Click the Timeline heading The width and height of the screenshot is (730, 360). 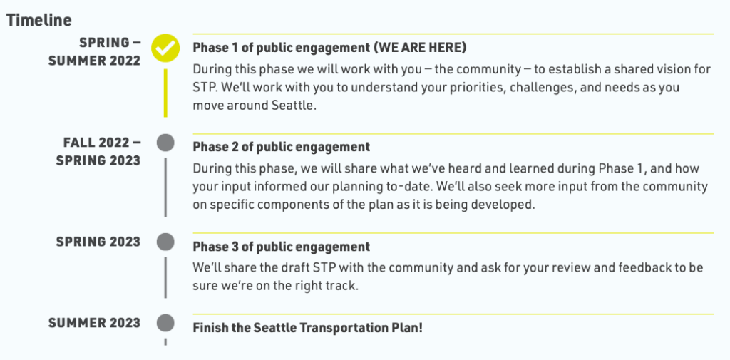pos(39,20)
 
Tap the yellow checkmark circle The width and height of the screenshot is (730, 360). pos(165,48)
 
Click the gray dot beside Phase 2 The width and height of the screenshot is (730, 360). pos(165,143)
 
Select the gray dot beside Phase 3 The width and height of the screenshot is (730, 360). pos(165,242)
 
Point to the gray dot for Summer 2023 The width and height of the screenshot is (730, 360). pos(165,323)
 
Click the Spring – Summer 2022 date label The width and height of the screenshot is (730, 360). pos(95,52)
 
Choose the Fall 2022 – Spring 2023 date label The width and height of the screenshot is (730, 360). pos(98,151)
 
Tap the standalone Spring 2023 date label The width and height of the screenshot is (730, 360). pos(98,242)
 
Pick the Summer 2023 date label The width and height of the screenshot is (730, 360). pos(95,323)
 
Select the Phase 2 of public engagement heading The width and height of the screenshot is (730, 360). pos(281,147)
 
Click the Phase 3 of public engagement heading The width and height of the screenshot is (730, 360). pos(281,247)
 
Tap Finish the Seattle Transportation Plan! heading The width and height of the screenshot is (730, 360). pos(308,328)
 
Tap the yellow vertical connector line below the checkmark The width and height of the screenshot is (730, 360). pos(165,93)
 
